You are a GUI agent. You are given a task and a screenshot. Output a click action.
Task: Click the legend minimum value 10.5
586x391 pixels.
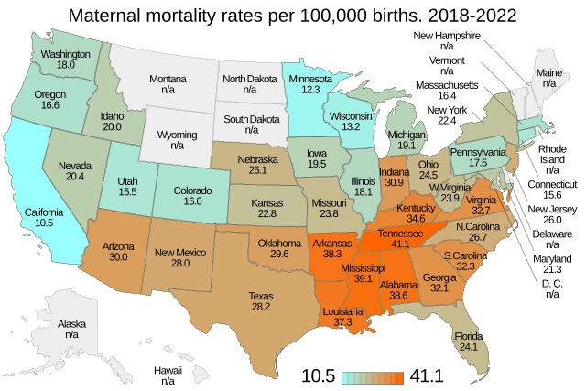point(320,375)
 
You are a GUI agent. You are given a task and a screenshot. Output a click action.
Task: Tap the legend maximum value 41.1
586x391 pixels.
point(427,375)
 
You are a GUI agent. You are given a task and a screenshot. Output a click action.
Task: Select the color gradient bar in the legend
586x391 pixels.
point(374,375)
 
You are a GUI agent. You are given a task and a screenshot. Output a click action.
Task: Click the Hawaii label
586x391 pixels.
point(168,370)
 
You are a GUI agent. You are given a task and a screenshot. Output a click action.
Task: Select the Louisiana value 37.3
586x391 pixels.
point(341,323)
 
